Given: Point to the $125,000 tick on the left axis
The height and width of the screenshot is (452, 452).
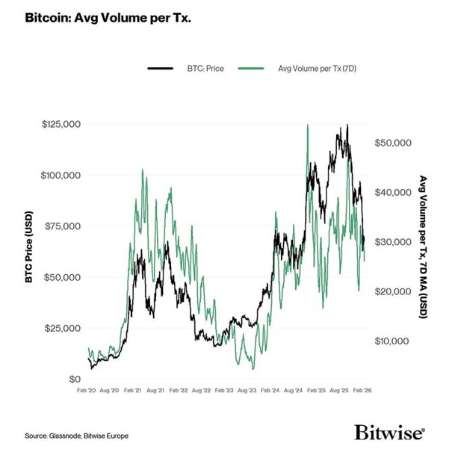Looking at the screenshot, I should click(x=61, y=123).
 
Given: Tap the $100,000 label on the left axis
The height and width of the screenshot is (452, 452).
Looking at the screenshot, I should click(x=61, y=175).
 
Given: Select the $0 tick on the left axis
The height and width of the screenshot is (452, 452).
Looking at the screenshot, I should click(x=73, y=379).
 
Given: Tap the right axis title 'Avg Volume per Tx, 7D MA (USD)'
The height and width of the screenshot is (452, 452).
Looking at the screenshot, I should click(x=423, y=247).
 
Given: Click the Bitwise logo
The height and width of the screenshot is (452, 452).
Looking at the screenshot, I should click(x=389, y=433).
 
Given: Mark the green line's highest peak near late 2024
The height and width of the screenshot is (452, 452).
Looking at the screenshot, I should click(x=307, y=126).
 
